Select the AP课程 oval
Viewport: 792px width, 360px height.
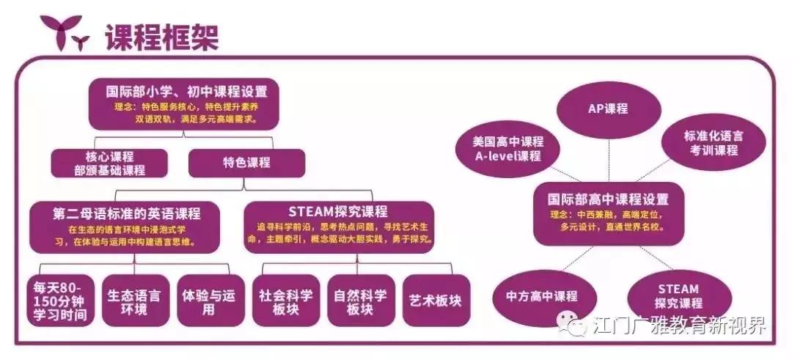pyautogui.click(x=609, y=109)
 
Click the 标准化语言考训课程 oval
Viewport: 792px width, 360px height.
pyautogui.click(x=714, y=143)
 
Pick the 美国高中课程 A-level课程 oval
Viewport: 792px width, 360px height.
pyautogui.click(x=507, y=149)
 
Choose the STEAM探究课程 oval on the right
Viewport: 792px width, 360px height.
pyautogui.click(x=679, y=297)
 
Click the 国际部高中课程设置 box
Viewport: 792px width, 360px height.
pyautogui.click(x=608, y=213)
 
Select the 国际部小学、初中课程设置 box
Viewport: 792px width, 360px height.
pyautogui.click(x=184, y=104)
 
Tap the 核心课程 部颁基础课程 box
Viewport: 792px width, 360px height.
pyautogui.click(x=109, y=163)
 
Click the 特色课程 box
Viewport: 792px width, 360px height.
pyautogui.click(x=246, y=163)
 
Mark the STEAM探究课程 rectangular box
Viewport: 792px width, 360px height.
pyautogui.click(x=338, y=227)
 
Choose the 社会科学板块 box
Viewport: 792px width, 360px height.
pyautogui.click(x=286, y=301)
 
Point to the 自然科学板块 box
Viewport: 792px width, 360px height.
pyautogui.click(x=361, y=301)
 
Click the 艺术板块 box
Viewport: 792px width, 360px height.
pyautogui.click(x=436, y=301)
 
